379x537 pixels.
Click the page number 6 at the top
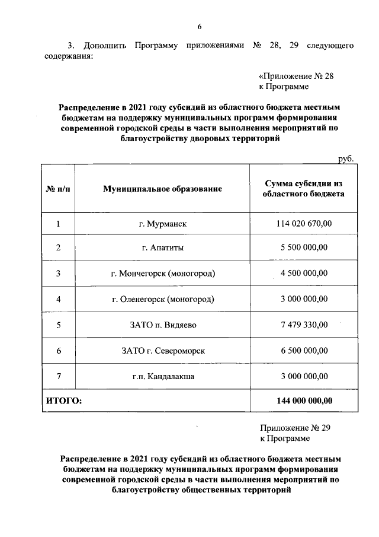point(199,26)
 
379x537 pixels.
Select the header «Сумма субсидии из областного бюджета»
point(304,189)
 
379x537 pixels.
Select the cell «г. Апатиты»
point(162,248)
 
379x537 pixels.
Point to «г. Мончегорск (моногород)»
point(162,274)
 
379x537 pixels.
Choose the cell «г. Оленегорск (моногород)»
point(162,299)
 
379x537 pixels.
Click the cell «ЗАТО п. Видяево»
point(162,325)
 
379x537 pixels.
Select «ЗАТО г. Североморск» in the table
point(162,350)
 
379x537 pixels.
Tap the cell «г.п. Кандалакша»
point(162,376)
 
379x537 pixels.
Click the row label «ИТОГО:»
point(64,401)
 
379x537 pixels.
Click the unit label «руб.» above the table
point(346,158)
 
